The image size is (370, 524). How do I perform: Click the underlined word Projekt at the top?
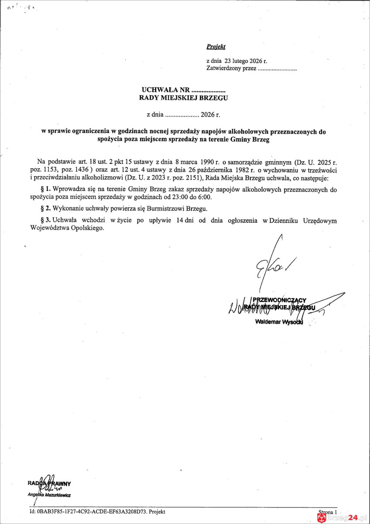coord(216,46)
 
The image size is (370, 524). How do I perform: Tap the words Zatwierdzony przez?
coord(231,69)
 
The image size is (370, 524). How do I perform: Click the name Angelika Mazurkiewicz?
coord(49,495)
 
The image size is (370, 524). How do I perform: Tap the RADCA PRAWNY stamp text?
coord(49,483)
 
